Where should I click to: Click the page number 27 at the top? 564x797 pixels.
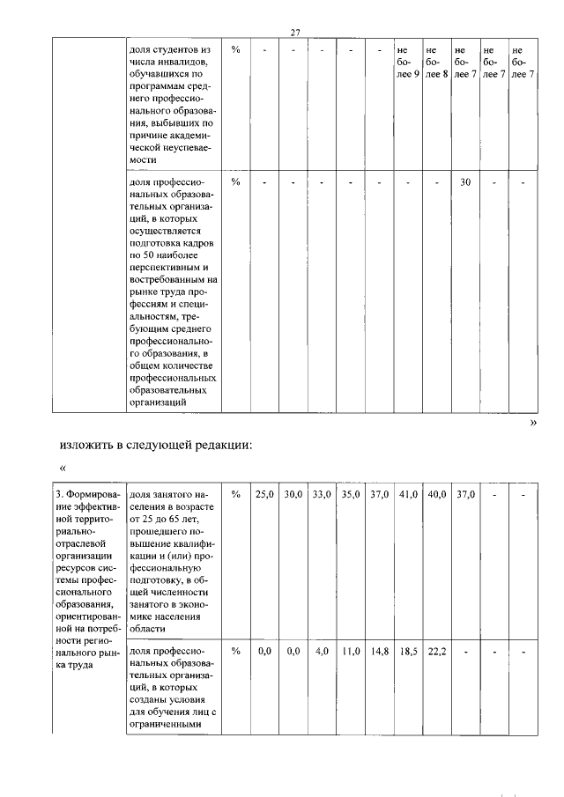coord(295,33)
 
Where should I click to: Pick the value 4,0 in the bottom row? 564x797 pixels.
coord(323,653)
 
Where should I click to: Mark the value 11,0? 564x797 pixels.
coord(350,653)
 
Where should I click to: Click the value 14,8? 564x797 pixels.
coord(379,653)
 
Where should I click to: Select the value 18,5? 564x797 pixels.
coord(407,653)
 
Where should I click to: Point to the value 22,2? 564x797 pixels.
coord(436,653)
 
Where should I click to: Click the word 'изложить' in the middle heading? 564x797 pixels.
coord(88,445)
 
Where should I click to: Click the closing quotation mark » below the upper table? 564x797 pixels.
coord(531,423)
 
